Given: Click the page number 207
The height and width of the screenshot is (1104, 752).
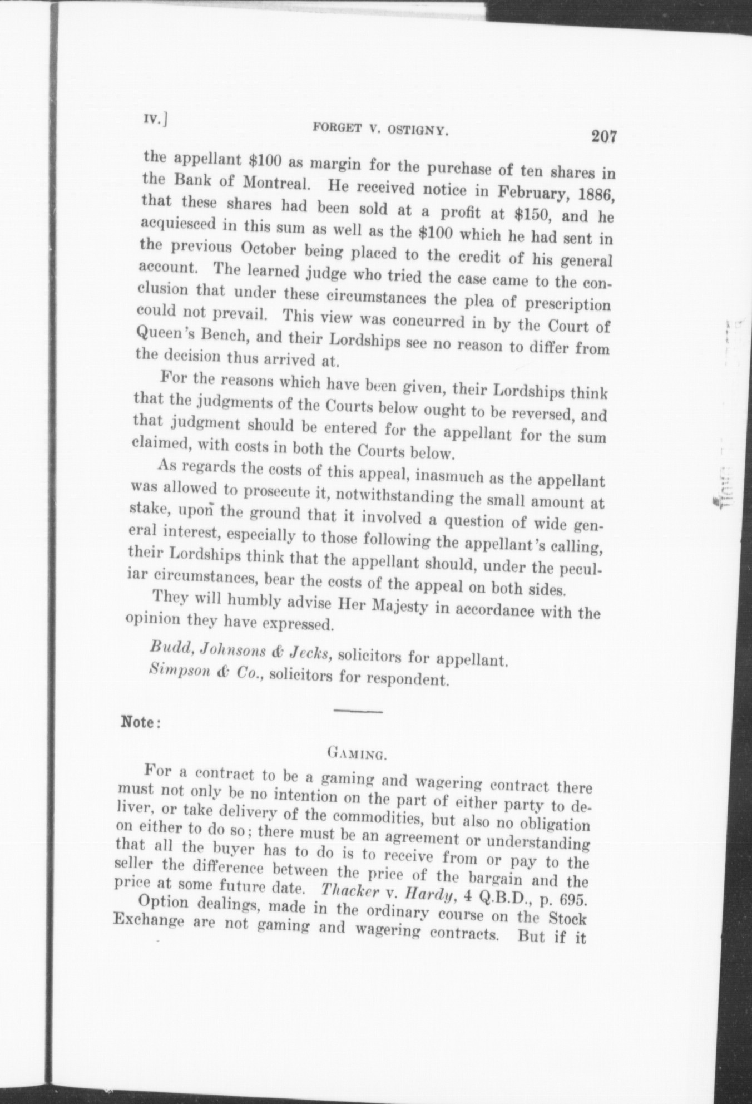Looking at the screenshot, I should (x=605, y=136).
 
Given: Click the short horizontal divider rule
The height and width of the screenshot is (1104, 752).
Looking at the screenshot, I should (x=357, y=712).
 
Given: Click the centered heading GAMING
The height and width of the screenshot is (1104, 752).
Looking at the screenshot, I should (x=357, y=755).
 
